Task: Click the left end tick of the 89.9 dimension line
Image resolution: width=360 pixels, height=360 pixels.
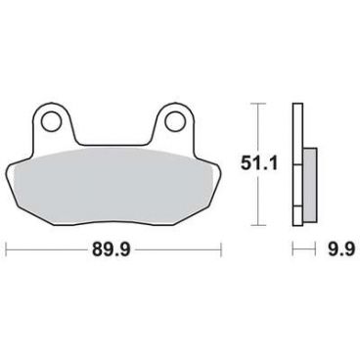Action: click(7, 249)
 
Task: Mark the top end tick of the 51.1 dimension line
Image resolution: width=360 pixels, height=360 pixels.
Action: click(258, 102)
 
